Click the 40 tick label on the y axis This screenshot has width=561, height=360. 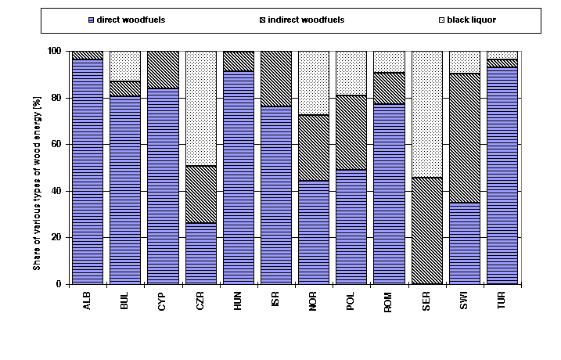pyautogui.click(x=56, y=191)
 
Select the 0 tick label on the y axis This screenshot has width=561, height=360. pyautogui.click(x=58, y=284)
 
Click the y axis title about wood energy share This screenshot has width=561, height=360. pyautogui.click(x=36, y=167)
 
